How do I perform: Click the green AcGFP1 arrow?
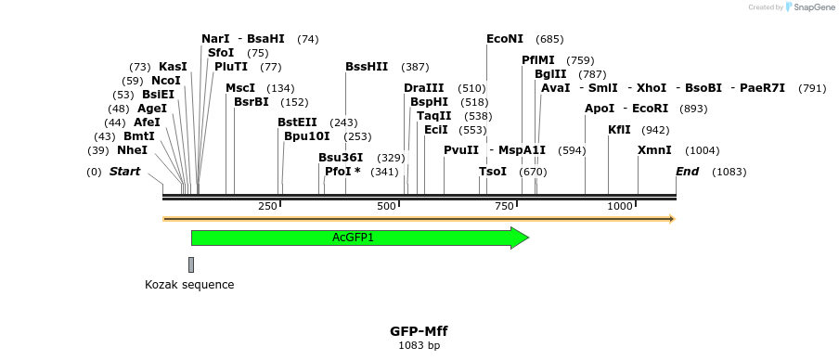353,238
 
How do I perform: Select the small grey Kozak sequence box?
191,264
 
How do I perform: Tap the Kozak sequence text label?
189,285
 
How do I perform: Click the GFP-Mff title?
419,331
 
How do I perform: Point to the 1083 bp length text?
419,346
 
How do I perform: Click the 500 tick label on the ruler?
386,206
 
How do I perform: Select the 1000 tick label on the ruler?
620,206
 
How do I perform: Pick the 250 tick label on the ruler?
267,206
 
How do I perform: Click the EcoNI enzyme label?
505,39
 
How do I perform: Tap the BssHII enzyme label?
367,67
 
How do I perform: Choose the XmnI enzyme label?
654,150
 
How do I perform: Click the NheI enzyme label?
132,150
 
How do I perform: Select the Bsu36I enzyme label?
341,158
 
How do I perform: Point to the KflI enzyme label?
619,130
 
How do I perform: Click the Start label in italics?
124,172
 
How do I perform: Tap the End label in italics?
687,172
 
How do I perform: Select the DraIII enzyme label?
423,88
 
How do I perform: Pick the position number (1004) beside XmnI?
702,150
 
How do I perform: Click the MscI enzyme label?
240,88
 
